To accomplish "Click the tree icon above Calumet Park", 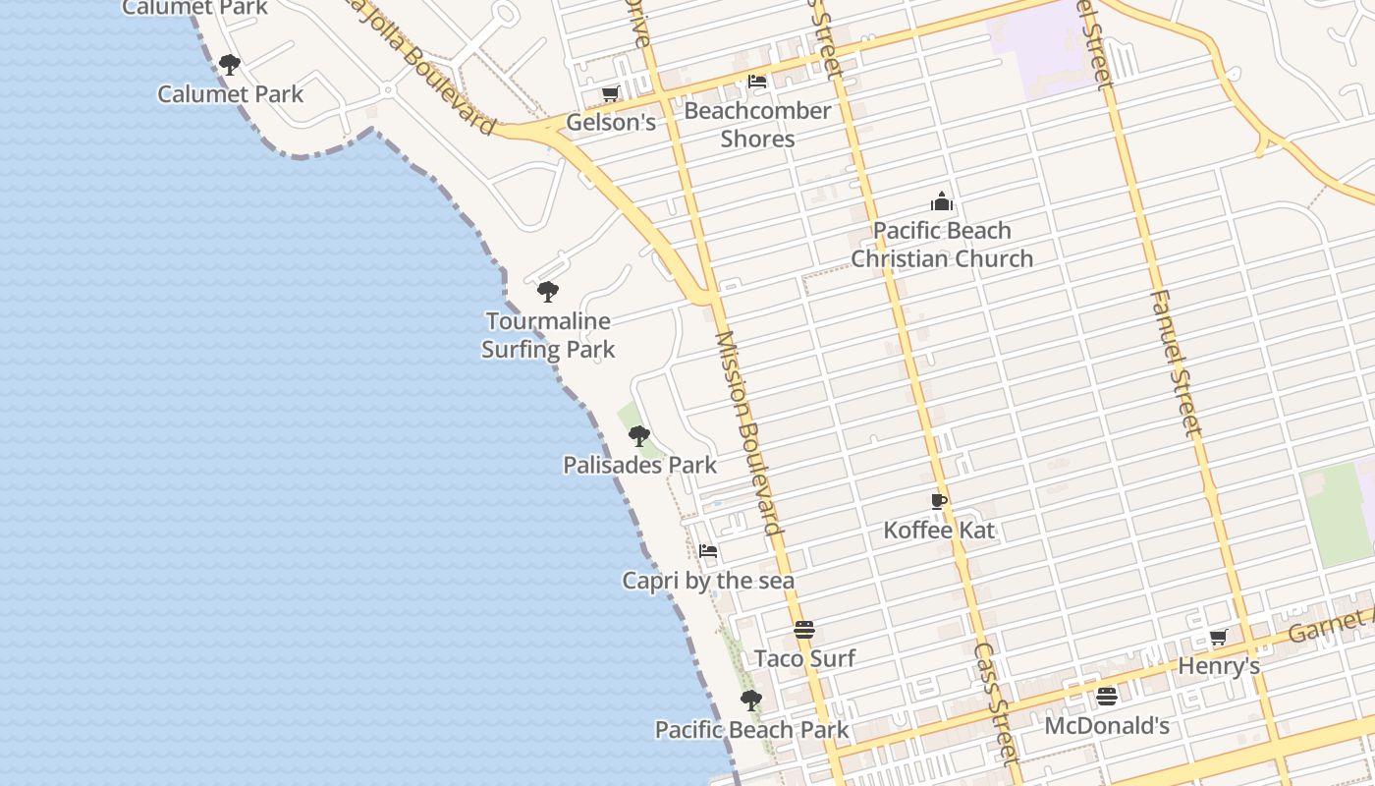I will coord(229,65).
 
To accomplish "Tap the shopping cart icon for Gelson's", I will coord(610,93).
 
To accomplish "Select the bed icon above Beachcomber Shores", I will coord(757,82).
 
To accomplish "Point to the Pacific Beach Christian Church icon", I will coord(942,202).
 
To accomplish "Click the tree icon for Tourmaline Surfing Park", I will coord(548,292).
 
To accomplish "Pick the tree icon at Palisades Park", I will coord(639,435).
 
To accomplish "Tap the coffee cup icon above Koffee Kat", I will coord(939,501).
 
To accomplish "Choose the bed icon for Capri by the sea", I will coord(708,551).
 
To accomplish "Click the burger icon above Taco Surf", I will coord(804,630).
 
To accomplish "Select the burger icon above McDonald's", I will coord(1107,697).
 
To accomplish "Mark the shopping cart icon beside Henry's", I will coord(1219,637).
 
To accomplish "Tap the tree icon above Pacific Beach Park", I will coord(751,701).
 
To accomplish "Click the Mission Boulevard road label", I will coord(748,432).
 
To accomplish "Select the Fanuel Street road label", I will coord(1175,364).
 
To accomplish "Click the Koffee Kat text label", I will coord(939,531).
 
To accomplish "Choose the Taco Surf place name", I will coord(804,658).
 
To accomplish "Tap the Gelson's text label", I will coord(610,122).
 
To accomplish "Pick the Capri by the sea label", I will coord(708,581).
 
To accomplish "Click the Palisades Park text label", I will coord(639,465).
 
